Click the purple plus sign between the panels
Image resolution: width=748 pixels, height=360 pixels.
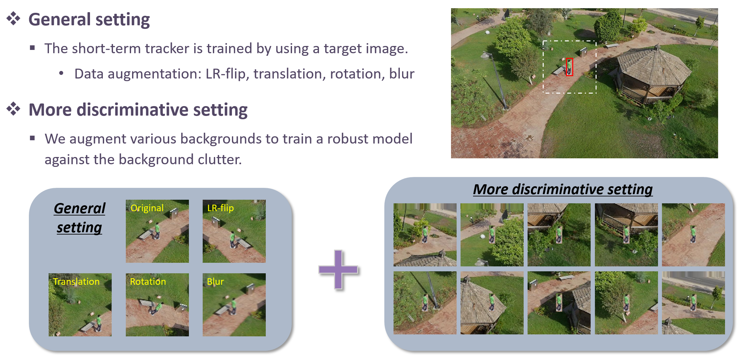pyautogui.click(x=338, y=270)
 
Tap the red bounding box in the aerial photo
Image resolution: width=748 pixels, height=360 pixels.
pyautogui.click(x=569, y=67)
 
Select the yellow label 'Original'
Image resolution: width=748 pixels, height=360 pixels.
pyautogui.click(x=147, y=208)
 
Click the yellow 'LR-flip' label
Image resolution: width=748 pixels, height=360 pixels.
pyautogui.click(x=220, y=208)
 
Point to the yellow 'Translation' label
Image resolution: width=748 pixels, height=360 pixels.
pyautogui.click(x=76, y=281)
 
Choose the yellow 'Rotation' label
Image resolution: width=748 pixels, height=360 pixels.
pyautogui.click(x=148, y=281)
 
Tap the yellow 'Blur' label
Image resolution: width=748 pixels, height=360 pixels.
pyautogui.click(x=215, y=281)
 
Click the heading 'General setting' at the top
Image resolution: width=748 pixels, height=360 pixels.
pyautogui.click(x=89, y=19)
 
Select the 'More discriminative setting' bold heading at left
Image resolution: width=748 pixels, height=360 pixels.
pyautogui.click(x=138, y=110)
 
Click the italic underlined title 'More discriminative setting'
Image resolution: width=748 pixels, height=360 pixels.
pyautogui.click(x=563, y=190)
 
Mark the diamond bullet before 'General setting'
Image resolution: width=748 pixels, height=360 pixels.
pyautogui.click(x=13, y=19)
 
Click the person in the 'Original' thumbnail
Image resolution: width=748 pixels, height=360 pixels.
pyautogui.click(x=157, y=230)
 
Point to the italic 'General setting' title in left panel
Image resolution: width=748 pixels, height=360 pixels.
pyautogui.click(x=79, y=218)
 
